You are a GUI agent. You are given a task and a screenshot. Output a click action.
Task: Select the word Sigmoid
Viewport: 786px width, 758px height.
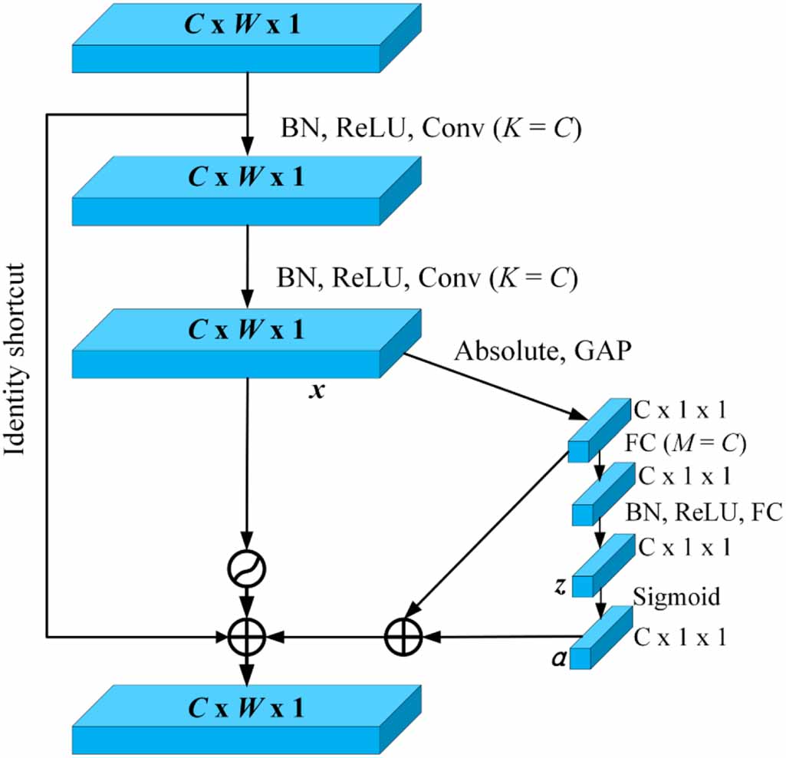pos(677,596)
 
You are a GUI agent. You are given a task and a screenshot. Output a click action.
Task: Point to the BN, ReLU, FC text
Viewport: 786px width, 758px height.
pos(704,512)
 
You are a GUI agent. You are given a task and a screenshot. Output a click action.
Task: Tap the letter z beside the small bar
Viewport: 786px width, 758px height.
pos(560,587)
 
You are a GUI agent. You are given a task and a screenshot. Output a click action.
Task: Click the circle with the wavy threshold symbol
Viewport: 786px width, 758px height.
pos(247,569)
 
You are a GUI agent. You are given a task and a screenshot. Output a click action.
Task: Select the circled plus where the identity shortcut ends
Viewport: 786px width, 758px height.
pos(247,635)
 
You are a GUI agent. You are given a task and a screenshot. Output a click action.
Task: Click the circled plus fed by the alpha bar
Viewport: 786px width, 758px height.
pos(401,635)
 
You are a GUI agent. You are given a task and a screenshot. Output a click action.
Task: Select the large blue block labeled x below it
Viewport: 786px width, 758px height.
pos(245,343)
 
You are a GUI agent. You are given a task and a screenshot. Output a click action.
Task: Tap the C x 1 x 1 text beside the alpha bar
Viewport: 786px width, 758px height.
pos(679,638)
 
